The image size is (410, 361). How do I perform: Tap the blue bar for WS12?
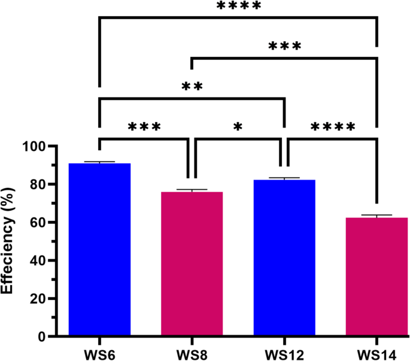tap(284, 257)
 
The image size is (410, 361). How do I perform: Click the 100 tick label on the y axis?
tap(35, 147)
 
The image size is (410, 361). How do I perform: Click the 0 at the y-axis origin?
tap(42, 336)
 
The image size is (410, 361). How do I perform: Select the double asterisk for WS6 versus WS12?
tap(192, 87)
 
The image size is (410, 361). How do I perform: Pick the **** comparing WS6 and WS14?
tap(238, 7)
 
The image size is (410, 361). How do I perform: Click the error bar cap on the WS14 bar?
tap(376, 215)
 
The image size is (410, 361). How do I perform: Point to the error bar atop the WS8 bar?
tap(192, 190)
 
